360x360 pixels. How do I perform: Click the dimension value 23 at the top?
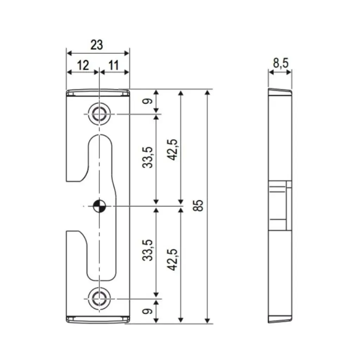[97, 45]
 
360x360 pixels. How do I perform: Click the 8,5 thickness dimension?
[280, 63]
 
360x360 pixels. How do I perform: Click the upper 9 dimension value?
[148, 101]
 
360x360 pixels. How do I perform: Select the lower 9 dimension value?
[148, 311]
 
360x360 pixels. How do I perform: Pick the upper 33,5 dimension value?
[148, 157]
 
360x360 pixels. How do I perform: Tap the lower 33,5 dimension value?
[148, 250]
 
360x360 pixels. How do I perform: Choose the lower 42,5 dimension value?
[172, 259]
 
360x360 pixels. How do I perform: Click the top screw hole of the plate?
[99, 114]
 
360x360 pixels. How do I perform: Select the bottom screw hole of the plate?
[99, 299]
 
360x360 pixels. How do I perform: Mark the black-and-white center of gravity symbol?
[99, 206]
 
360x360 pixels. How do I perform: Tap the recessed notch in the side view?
[280, 206]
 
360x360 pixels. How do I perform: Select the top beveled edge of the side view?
[280, 91]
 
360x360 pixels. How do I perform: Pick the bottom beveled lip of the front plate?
[98, 319]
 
